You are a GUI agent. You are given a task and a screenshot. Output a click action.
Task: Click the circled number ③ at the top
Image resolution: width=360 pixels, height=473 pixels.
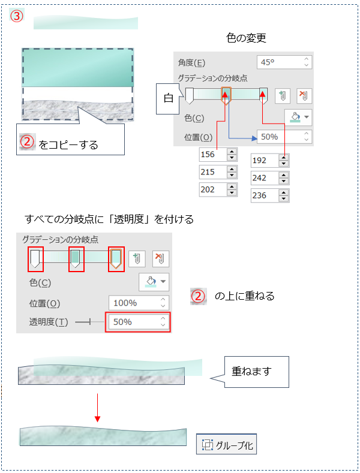[17, 16]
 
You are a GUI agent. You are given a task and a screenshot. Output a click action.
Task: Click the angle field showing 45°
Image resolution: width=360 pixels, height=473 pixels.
[284, 62]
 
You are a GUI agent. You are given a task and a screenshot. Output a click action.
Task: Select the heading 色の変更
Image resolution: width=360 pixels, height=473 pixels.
[246, 38]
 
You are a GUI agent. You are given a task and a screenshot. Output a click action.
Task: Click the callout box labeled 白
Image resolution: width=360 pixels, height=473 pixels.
[168, 99]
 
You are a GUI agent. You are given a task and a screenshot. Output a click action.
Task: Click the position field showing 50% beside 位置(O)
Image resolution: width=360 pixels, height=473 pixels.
[284, 137]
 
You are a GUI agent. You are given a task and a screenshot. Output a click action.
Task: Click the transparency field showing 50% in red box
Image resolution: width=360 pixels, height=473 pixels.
[138, 322]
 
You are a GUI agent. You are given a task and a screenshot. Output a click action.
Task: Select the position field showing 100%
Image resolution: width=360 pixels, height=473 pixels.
[139, 303]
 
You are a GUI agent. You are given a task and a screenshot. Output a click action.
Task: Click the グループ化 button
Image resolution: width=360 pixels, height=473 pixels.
[227, 444]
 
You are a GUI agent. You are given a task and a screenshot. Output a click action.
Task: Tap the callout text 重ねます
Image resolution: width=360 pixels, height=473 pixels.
[251, 371]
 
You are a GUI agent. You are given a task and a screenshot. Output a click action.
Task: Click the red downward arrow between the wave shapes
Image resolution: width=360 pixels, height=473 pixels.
[97, 408]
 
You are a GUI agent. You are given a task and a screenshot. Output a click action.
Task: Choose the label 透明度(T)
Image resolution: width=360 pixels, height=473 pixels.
[49, 322]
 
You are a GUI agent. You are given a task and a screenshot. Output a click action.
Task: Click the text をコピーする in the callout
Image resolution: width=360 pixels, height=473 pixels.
[68, 145]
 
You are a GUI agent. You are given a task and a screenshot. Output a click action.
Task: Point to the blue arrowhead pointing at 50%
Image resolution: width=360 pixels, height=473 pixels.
[254, 138]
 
